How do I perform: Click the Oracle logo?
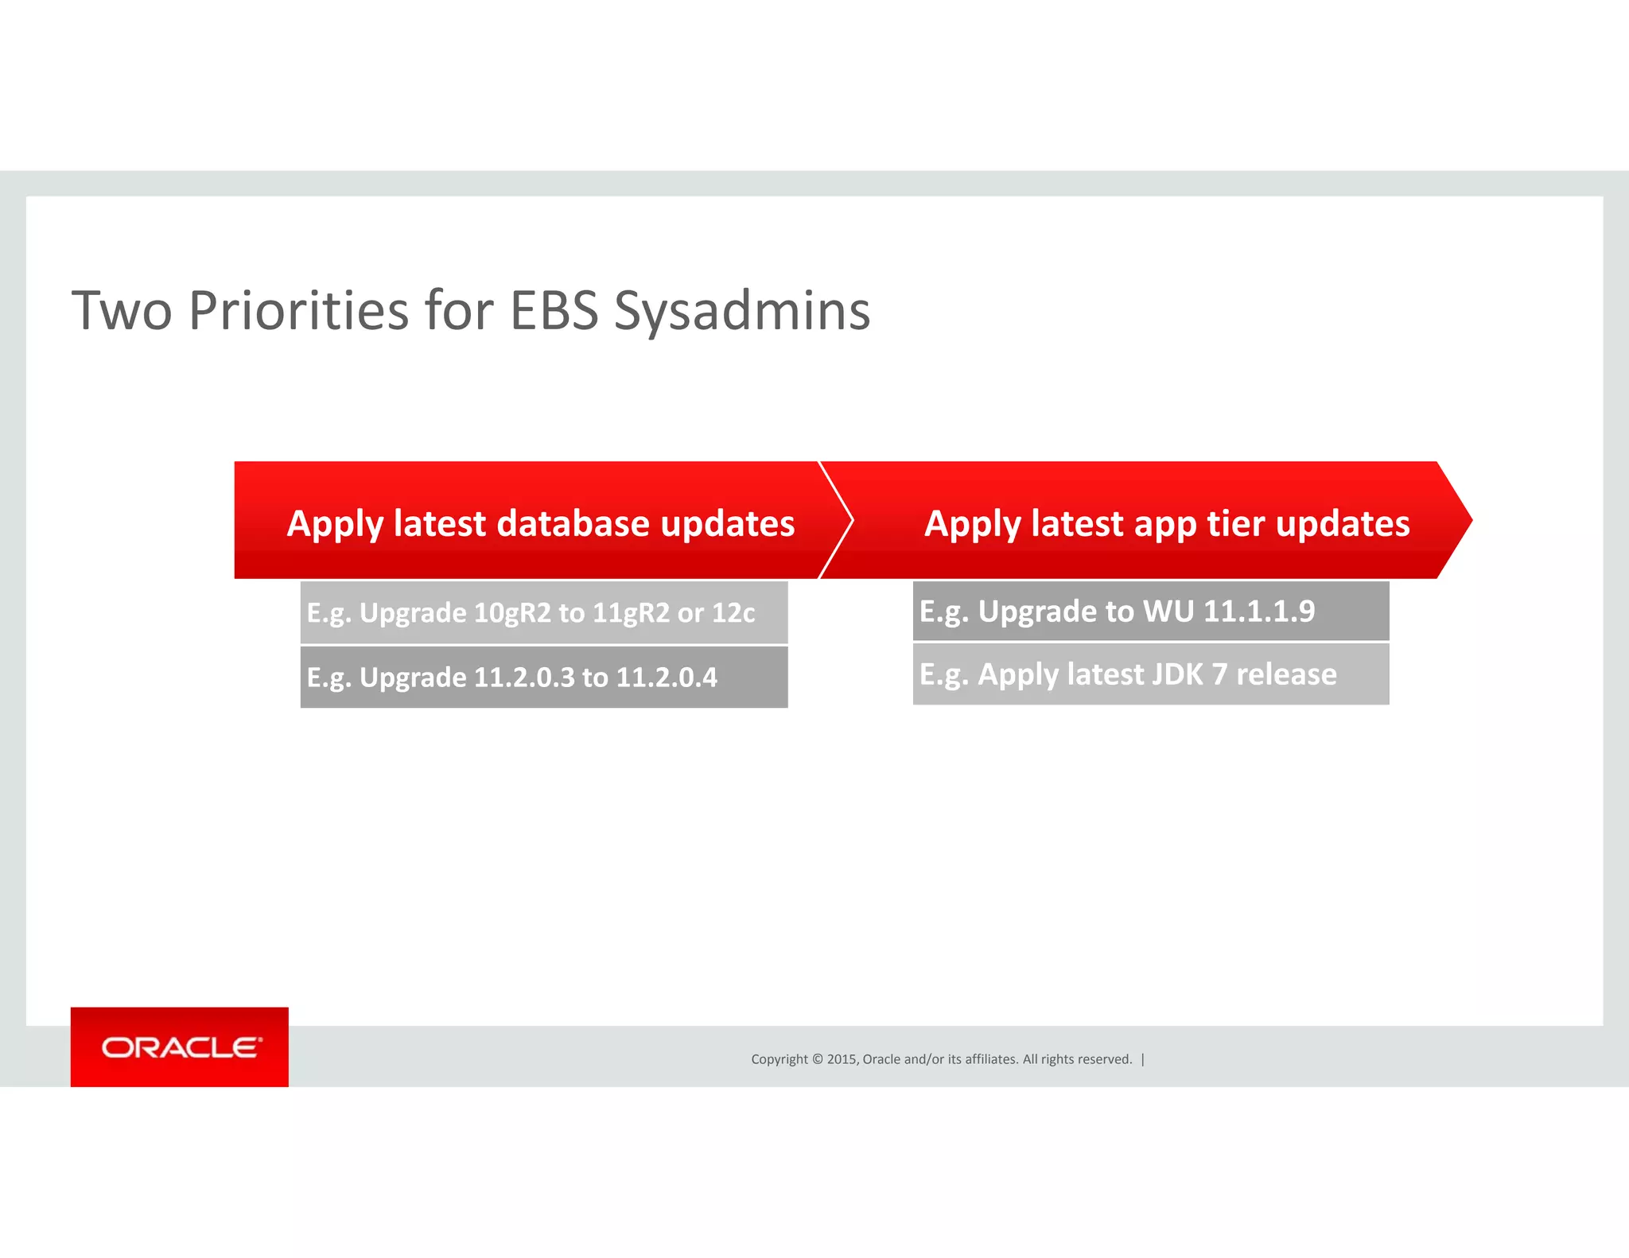[180, 1047]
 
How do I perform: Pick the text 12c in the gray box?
[733, 612]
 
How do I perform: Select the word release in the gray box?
[1285, 674]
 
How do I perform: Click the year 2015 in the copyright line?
[842, 1059]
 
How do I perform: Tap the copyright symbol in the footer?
[817, 1059]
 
